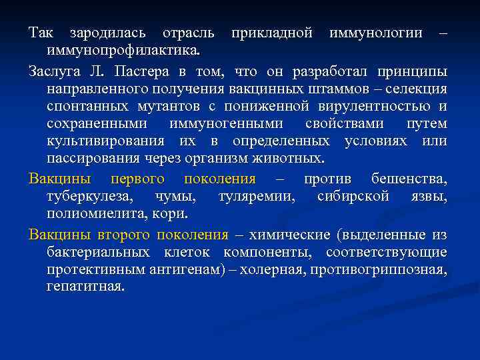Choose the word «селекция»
point(417,89)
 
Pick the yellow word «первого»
point(137,179)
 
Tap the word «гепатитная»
point(85,287)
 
